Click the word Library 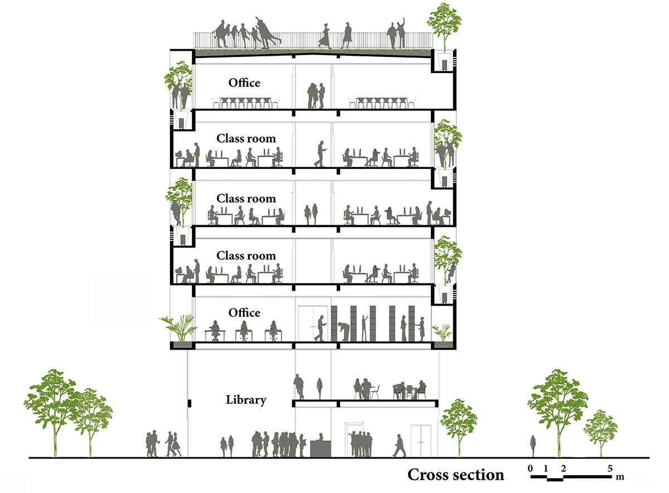(246, 400)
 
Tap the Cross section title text (455, 475)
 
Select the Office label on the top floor (244, 83)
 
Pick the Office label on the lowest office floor (244, 313)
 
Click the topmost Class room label (246, 138)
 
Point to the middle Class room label (246, 199)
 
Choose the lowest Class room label (246, 256)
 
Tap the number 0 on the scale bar (531, 468)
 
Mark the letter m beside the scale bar (620, 477)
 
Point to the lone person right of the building (533, 445)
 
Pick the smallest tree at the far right (600, 429)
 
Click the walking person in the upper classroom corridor (320, 154)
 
